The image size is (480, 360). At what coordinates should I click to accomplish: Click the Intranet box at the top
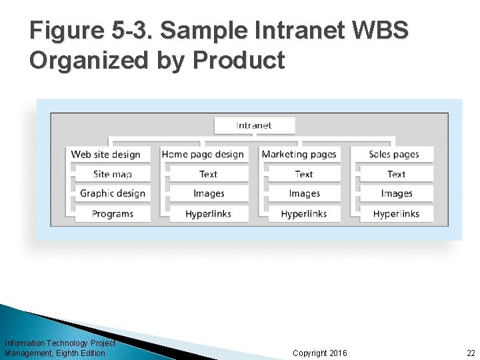point(254,125)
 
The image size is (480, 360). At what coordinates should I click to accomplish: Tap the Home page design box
point(203,155)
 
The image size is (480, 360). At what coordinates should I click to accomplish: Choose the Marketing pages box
point(299,155)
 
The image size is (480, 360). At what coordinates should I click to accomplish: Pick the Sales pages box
point(394,155)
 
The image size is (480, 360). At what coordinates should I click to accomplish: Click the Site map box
point(112,175)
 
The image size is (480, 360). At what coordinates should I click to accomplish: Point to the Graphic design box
point(112,194)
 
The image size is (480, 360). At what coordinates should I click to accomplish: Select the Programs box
point(112,214)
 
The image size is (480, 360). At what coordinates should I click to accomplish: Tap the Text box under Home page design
point(208,175)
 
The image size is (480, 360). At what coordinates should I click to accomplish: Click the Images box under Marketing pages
point(304,194)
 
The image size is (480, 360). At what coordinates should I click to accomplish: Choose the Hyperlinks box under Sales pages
point(396,214)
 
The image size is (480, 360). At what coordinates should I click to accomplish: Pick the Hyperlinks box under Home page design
point(208,214)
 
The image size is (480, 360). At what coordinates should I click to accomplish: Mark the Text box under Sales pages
point(396,175)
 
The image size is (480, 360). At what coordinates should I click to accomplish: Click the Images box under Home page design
point(208,194)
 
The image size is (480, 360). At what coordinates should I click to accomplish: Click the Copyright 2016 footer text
point(319,353)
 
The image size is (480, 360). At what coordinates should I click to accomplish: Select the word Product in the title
point(238,60)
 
